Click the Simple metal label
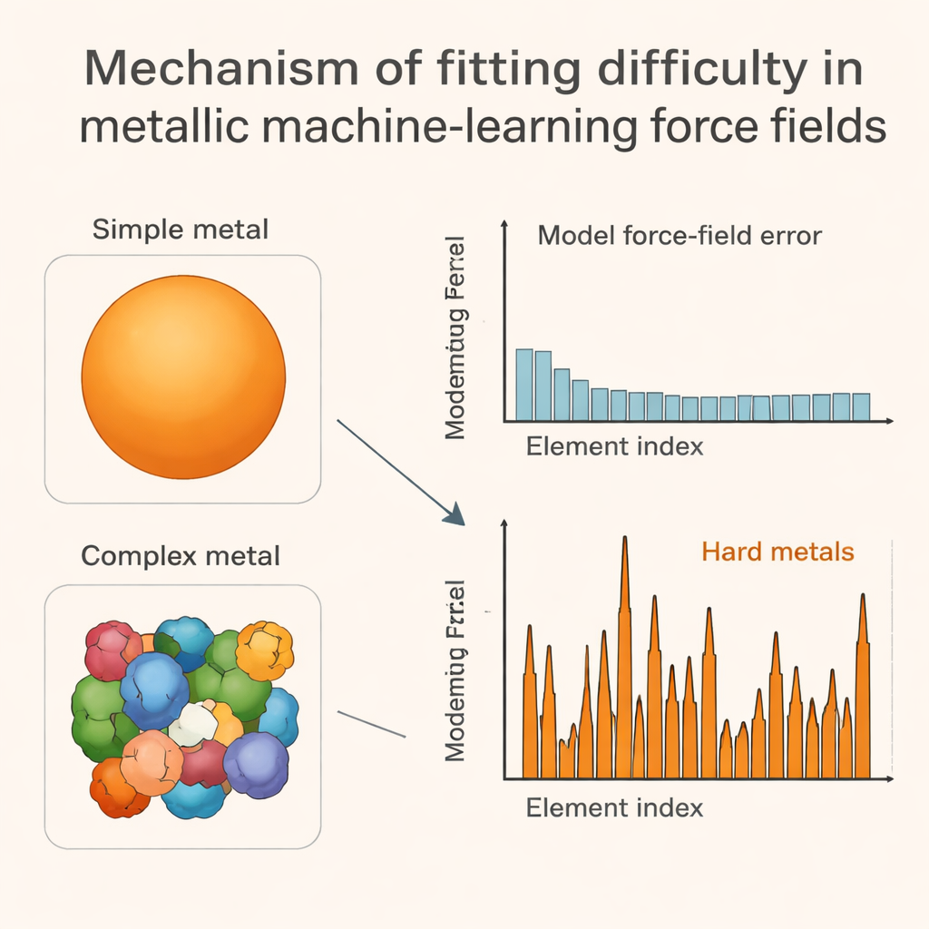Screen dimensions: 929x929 coord(181,229)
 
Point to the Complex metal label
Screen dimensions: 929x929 coord(181,554)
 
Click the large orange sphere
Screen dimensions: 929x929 coord(183,374)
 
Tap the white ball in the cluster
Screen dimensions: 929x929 coord(194,723)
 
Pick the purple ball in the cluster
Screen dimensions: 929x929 coord(256,764)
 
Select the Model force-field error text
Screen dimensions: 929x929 coord(680,236)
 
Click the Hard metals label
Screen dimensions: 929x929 coord(777,551)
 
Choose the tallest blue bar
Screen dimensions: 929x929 coord(524,385)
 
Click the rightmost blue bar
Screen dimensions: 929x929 coord(861,406)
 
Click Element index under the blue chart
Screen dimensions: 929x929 coord(614,446)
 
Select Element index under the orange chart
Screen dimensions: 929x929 coord(614,807)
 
